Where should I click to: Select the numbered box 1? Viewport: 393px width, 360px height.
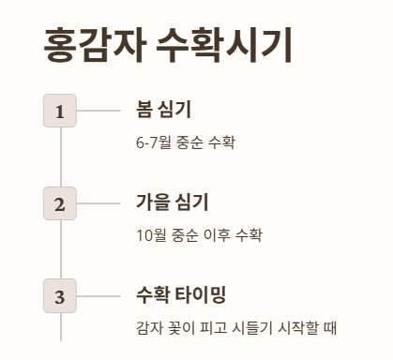click(60, 112)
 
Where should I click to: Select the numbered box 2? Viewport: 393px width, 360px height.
click(60, 203)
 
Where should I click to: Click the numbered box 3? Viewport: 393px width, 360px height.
click(60, 297)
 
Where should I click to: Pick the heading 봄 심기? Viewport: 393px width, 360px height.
click(164, 110)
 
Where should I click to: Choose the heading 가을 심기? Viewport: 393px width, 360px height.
click(172, 202)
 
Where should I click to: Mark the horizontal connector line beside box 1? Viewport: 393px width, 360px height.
click(98, 112)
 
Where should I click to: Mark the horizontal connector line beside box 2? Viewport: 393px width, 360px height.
click(98, 203)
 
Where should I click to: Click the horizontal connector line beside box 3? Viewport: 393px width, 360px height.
click(98, 297)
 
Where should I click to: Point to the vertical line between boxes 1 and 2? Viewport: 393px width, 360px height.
click(60, 157)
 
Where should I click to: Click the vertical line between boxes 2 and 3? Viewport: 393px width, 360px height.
click(60, 250)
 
